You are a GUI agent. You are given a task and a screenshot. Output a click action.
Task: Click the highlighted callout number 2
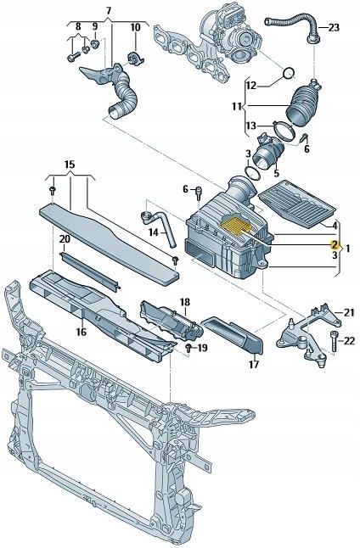(x=335, y=243)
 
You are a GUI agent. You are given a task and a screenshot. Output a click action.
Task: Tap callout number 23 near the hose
(x=334, y=27)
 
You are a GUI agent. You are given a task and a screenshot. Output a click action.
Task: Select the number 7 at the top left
(x=108, y=10)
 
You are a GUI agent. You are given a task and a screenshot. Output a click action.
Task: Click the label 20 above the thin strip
(x=65, y=240)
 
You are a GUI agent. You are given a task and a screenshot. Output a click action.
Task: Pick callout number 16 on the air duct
(x=82, y=332)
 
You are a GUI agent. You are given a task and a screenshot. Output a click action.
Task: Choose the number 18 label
(x=185, y=302)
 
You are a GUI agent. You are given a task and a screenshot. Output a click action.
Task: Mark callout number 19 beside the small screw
(x=202, y=349)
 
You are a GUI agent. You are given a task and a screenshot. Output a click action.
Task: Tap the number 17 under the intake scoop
(x=253, y=365)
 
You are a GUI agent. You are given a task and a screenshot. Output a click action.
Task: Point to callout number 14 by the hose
(x=154, y=232)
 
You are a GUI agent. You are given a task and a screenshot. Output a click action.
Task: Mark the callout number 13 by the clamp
(x=250, y=126)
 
